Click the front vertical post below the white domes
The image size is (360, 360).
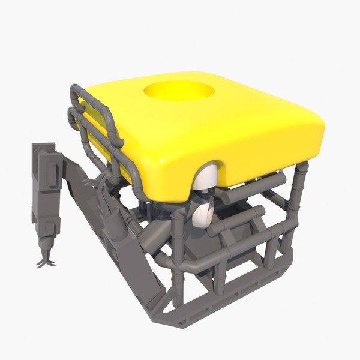pos(178,252)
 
